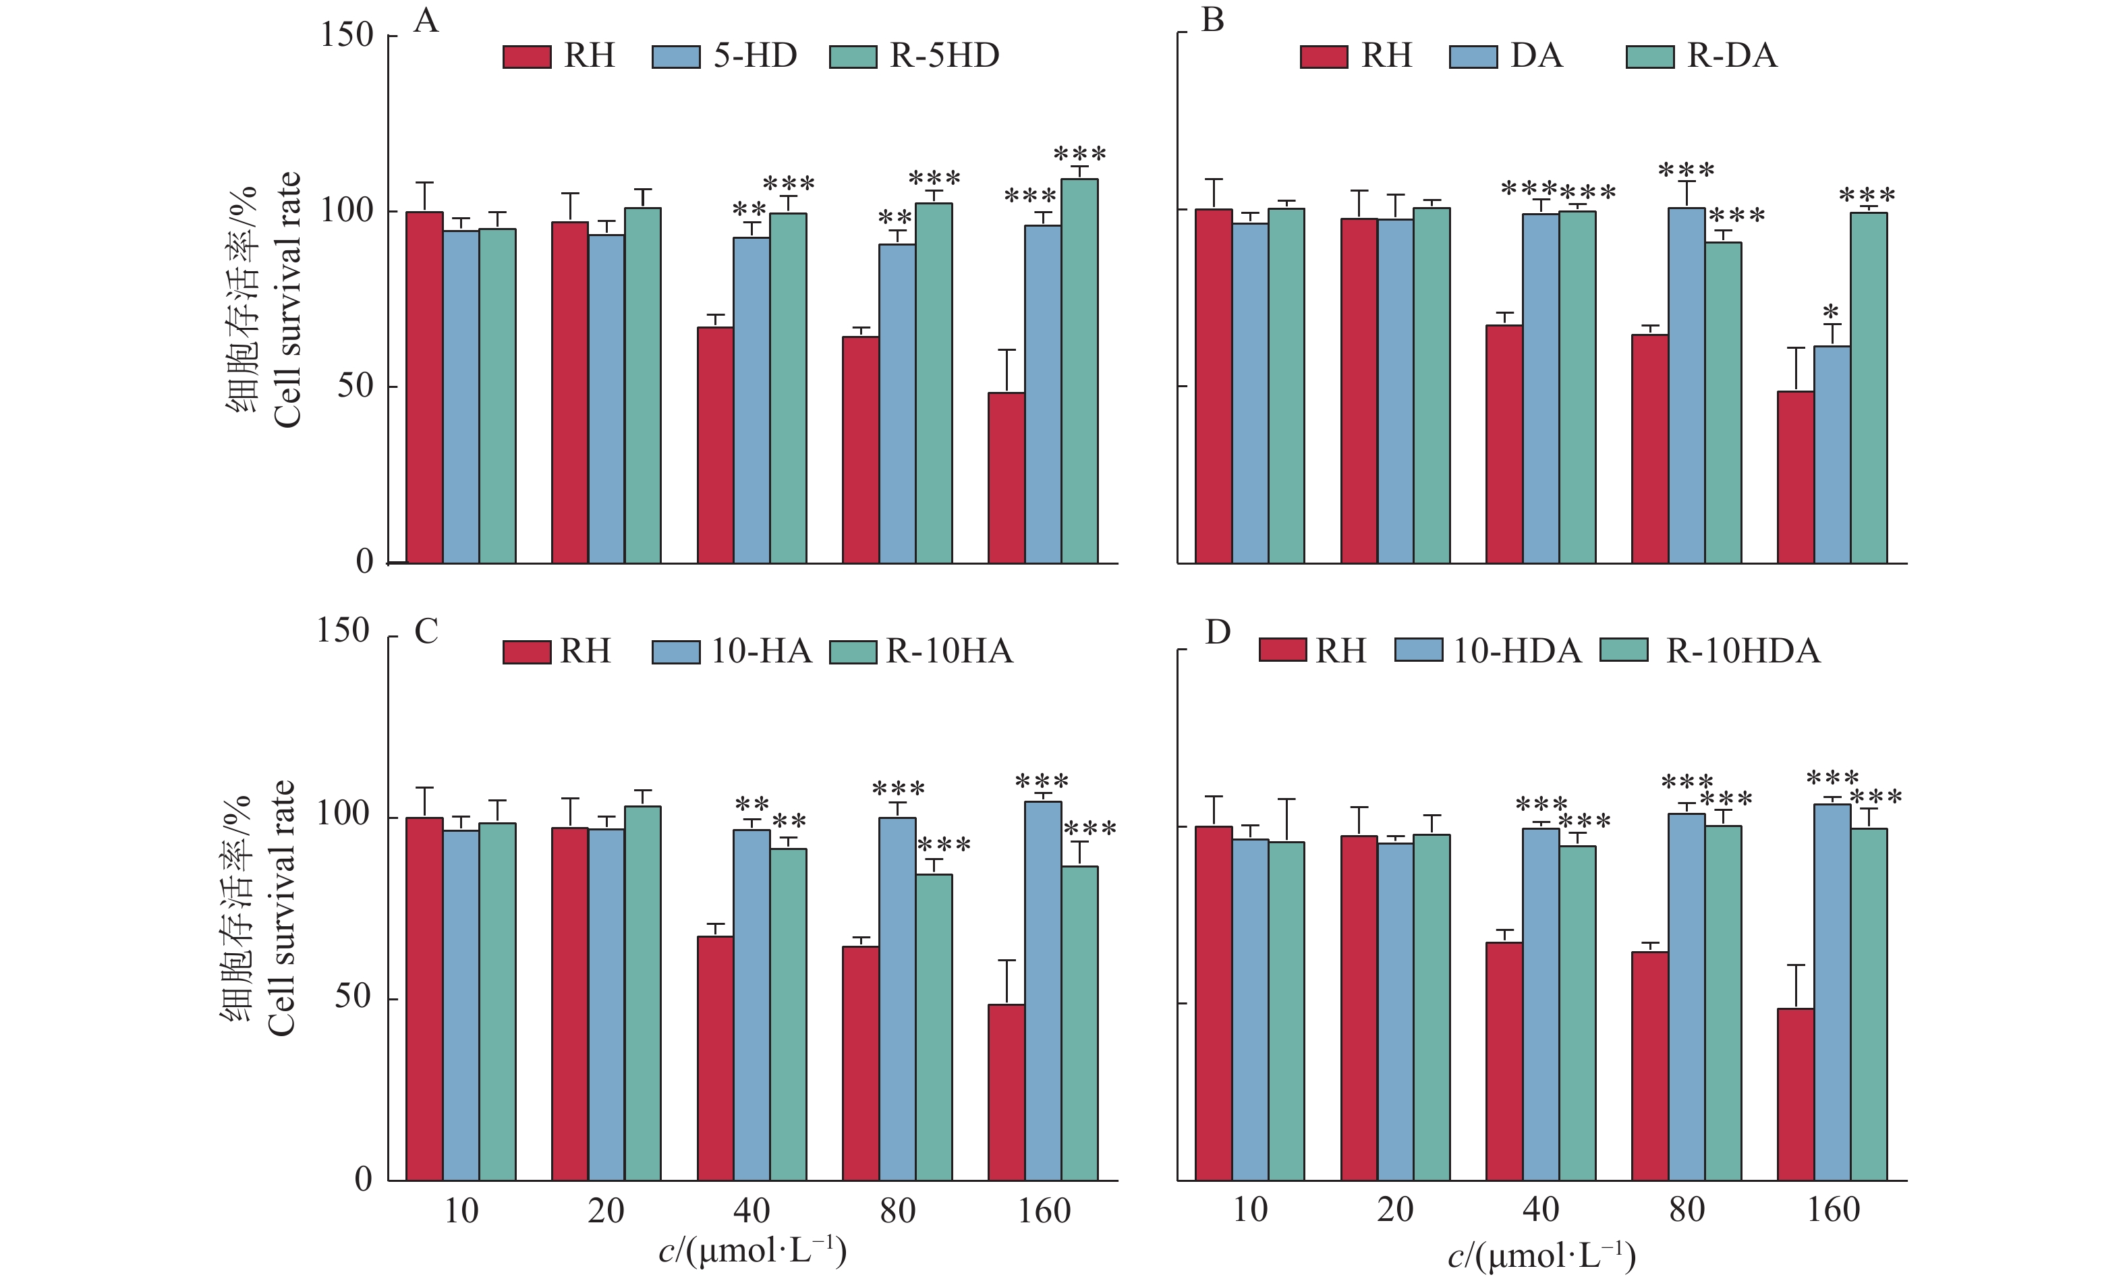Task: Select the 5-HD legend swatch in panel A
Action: (x=675, y=57)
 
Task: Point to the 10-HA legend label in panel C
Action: (x=761, y=652)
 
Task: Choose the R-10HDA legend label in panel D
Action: (x=1743, y=652)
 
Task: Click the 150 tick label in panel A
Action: (x=347, y=35)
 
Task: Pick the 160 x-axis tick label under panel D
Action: (x=1832, y=1210)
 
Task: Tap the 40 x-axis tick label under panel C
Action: (x=751, y=1212)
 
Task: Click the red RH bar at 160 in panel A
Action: (x=1006, y=478)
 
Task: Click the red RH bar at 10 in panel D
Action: (x=1214, y=1002)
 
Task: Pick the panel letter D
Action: (x=1217, y=633)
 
